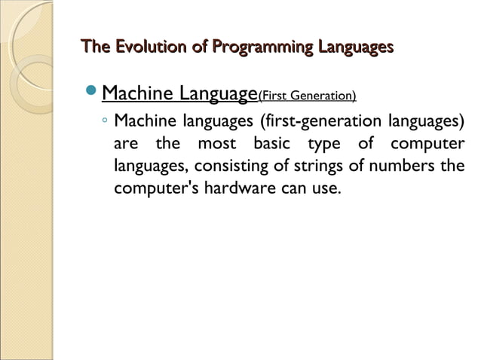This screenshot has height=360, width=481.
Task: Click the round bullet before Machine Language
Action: click(90, 95)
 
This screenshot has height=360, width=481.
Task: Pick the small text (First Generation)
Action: click(307, 96)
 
